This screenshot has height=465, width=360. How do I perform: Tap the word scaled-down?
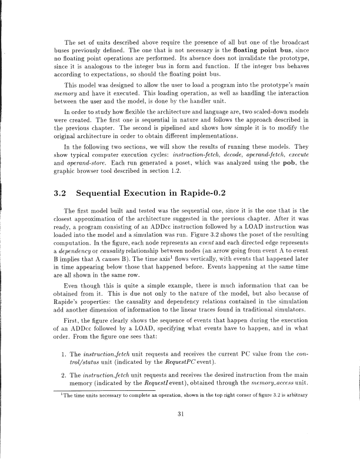(269, 117)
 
